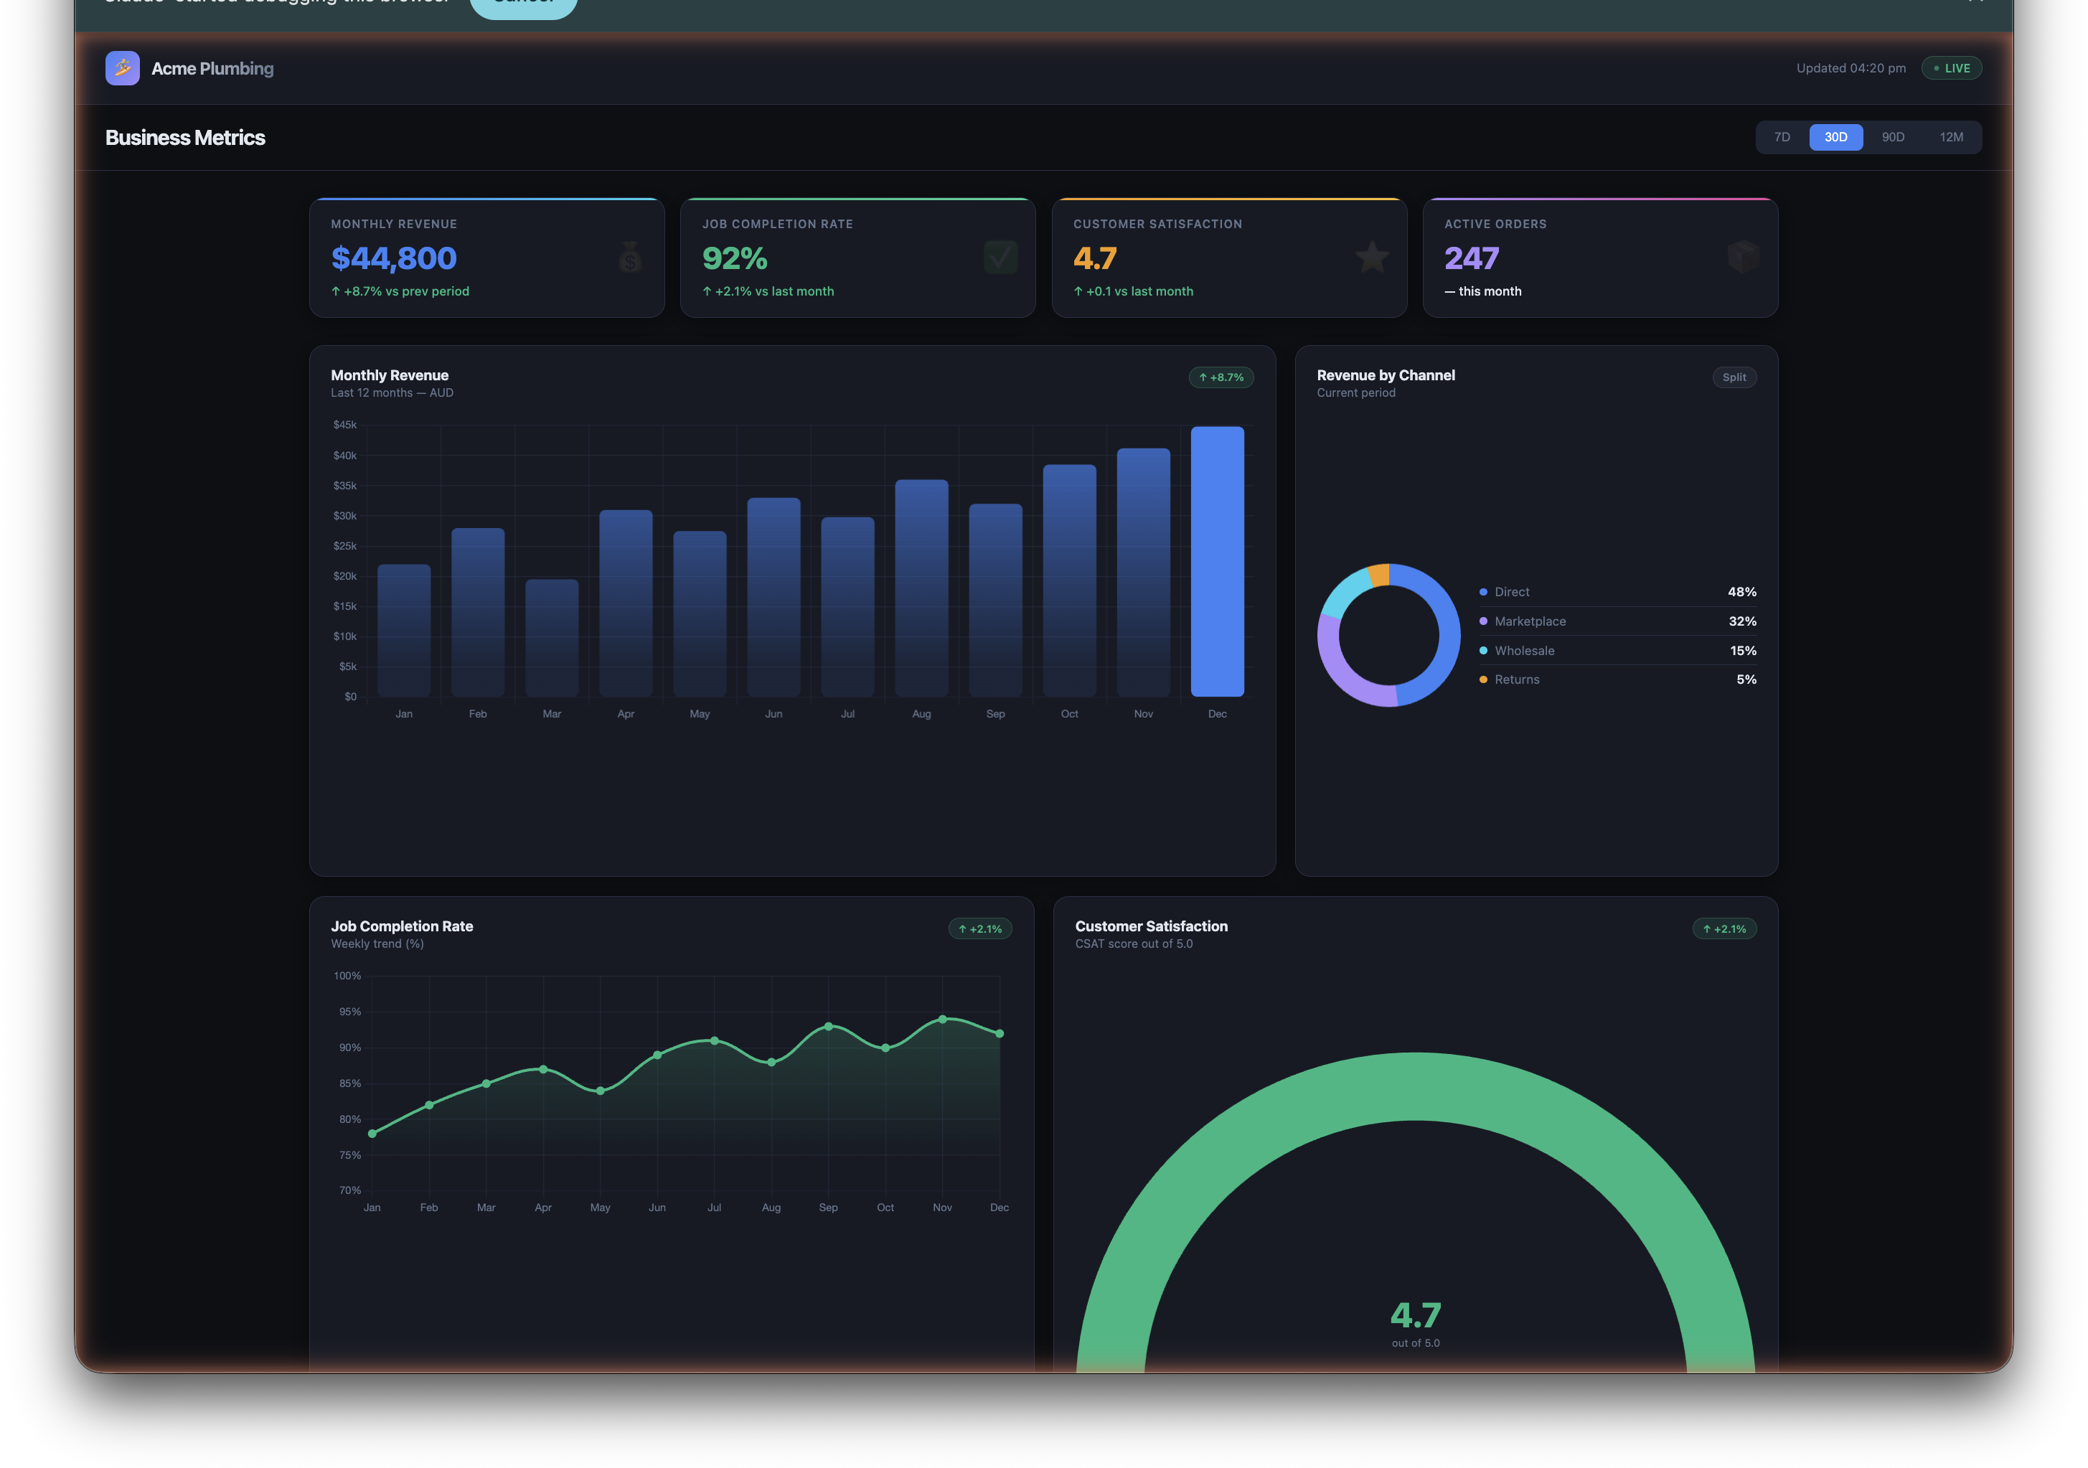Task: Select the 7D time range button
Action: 1782,137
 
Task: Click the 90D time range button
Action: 1893,137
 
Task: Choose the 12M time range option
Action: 1951,137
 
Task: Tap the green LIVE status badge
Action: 1952,68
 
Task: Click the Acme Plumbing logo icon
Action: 123,68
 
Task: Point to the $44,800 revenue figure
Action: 394,258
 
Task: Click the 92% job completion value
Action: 735,258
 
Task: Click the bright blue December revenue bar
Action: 1217,561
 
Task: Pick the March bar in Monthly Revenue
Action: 552,638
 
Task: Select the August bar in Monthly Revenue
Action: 921,588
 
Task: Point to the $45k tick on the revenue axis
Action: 344,425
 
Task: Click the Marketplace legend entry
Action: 1530,621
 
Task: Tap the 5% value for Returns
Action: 1746,679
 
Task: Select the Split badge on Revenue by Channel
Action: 1734,377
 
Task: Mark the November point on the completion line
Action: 943,1020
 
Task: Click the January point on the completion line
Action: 372,1134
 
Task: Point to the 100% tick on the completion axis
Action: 347,976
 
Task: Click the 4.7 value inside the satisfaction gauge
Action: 1415,1315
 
